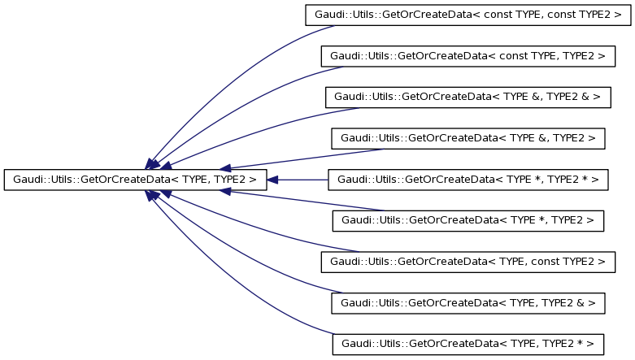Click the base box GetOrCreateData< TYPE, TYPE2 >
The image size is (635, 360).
click(x=135, y=180)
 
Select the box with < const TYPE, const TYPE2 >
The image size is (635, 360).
click(x=468, y=15)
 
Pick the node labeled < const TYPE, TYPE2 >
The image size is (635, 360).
click(x=468, y=56)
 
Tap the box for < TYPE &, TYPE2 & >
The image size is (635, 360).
click(x=468, y=97)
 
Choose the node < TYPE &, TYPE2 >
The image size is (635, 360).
click(x=468, y=139)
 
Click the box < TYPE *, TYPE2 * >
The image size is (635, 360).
click(x=468, y=180)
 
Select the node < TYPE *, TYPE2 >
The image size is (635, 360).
click(x=468, y=220)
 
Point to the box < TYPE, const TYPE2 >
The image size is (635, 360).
click(x=468, y=262)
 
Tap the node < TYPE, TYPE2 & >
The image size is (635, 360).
click(x=468, y=303)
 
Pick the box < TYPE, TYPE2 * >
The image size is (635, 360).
click(x=468, y=344)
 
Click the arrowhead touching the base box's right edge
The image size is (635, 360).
click(x=273, y=180)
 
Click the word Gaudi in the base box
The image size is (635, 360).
click(x=24, y=180)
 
